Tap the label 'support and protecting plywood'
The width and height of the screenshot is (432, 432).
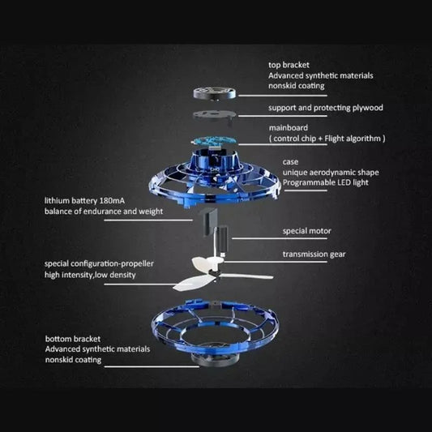tap(326, 107)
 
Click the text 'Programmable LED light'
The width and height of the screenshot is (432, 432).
tap(326, 184)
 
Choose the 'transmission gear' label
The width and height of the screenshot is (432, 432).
tap(315, 254)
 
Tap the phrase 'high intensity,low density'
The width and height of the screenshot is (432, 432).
tap(91, 276)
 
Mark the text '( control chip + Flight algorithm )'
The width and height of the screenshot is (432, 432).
tap(327, 139)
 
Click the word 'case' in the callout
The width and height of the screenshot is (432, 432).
tap(290, 161)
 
